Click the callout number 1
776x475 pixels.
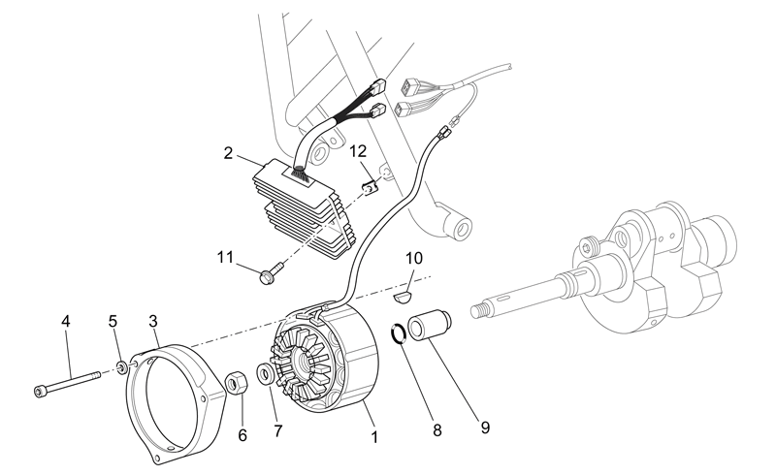pyautogui.click(x=374, y=437)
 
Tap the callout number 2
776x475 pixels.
pyautogui.click(x=228, y=153)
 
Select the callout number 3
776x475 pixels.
pyautogui.click(x=153, y=321)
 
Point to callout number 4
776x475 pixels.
pyautogui.click(x=66, y=321)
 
